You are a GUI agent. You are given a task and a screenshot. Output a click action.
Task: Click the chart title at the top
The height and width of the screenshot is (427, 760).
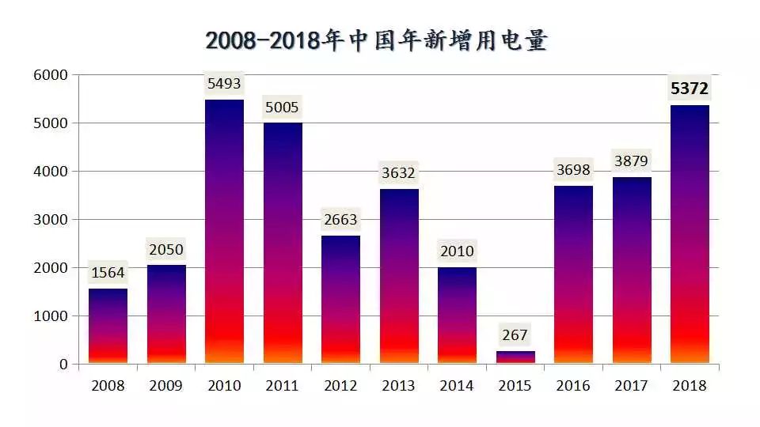[x=377, y=40]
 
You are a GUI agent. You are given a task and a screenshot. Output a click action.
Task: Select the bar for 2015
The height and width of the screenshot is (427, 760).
[x=515, y=357]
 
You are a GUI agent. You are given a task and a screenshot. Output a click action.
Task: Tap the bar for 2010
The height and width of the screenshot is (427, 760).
[x=224, y=232]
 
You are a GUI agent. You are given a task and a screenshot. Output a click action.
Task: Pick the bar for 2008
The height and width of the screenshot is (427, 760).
[x=108, y=326]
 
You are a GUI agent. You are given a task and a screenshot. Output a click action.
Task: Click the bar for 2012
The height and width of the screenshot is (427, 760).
[x=340, y=300]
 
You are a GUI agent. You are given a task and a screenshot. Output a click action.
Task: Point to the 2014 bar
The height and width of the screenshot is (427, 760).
[x=457, y=316]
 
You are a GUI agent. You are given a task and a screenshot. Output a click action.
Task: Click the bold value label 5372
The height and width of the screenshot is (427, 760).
[x=690, y=89]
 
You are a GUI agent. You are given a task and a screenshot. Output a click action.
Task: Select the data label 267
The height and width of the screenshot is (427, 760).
[x=515, y=334]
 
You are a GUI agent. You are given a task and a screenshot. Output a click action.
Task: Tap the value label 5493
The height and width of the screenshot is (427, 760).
[x=224, y=84]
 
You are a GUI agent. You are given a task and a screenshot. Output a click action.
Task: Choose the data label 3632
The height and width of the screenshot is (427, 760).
[x=398, y=173]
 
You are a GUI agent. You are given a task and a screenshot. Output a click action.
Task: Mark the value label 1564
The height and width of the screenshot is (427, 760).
[x=108, y=273]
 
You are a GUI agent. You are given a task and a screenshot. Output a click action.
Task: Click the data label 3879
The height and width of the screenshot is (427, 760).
[x=631, y=161]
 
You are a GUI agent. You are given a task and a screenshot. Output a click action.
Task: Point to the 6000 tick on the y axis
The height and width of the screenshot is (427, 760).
[x=51, y=75]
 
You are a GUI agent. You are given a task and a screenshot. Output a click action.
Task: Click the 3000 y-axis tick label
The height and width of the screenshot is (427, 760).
[x=51, y=219]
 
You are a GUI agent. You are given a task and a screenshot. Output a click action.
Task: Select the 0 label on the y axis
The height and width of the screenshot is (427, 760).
[x=63, y=364]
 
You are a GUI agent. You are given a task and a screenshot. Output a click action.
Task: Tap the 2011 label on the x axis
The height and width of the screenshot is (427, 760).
[x=282, y=385]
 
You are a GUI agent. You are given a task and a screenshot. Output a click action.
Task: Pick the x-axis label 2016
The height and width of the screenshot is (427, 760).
[x=573, y=385]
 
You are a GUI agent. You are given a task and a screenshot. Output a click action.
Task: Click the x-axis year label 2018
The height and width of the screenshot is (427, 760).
[x=690, y=385]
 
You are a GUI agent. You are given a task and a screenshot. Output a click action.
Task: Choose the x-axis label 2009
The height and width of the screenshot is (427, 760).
[x=165, y=385]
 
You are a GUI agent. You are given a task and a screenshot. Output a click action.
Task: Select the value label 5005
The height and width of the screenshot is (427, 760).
[x=282, y=107]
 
